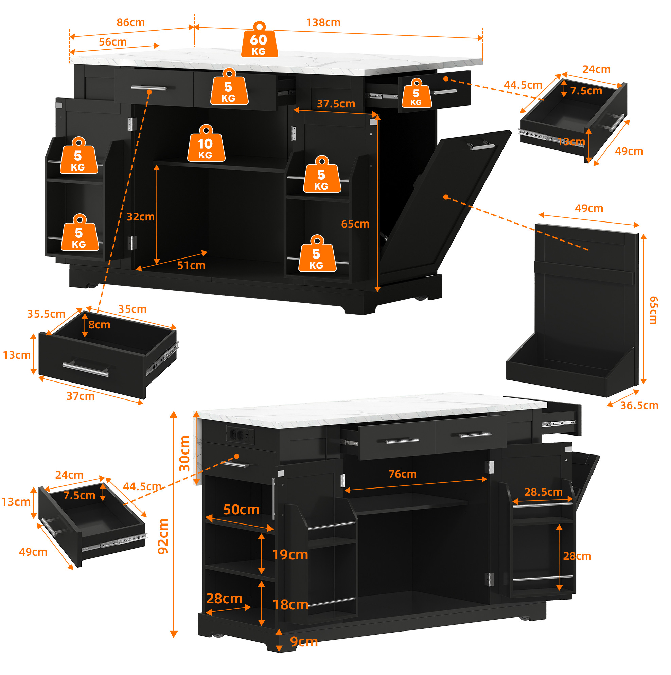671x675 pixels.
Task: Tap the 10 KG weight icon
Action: pyautogui.click(x=206, y=143)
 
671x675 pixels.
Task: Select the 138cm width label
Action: pyautogui.click(x=323, y=23)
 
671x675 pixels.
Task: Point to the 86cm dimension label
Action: pyautogui.click(x=131, y=23)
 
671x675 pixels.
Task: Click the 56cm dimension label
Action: pyautogui.click(x=112, y=42)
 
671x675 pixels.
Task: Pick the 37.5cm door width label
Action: pyautogui.click(x=336, y=104)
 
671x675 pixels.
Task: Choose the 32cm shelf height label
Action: pyautogui.click(x=141, y=217)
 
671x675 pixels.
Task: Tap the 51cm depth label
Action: pyautogui.click(x=191, y=266)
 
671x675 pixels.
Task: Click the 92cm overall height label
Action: pyautogui.click(x=163, y=536)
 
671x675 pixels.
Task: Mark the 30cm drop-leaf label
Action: pyautogui.click(x=184, y=454)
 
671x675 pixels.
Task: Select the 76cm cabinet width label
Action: pyautogui.click(x=403, y=474)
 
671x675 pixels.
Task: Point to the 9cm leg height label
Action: pyautogui.click(x=304, y=642)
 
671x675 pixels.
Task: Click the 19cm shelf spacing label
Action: pyautogui.click(x=290, y=555)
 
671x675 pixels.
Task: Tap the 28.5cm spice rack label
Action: pyautogui.click(x=544, y=492)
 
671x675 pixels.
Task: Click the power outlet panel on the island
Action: pyautogui.click(x=240, y=435)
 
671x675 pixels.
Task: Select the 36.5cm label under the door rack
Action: pyautogui.click(x=639, y=405)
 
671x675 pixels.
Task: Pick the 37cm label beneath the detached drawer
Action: pyautogui.click(x=81, y=396)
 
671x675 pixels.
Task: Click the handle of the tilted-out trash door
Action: pyautogui.click(x=481, y=145)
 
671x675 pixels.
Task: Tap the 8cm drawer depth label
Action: pyautogui.click(x=99, y=325)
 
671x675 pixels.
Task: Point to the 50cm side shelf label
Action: pyautogui.click(x=242, y=510)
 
